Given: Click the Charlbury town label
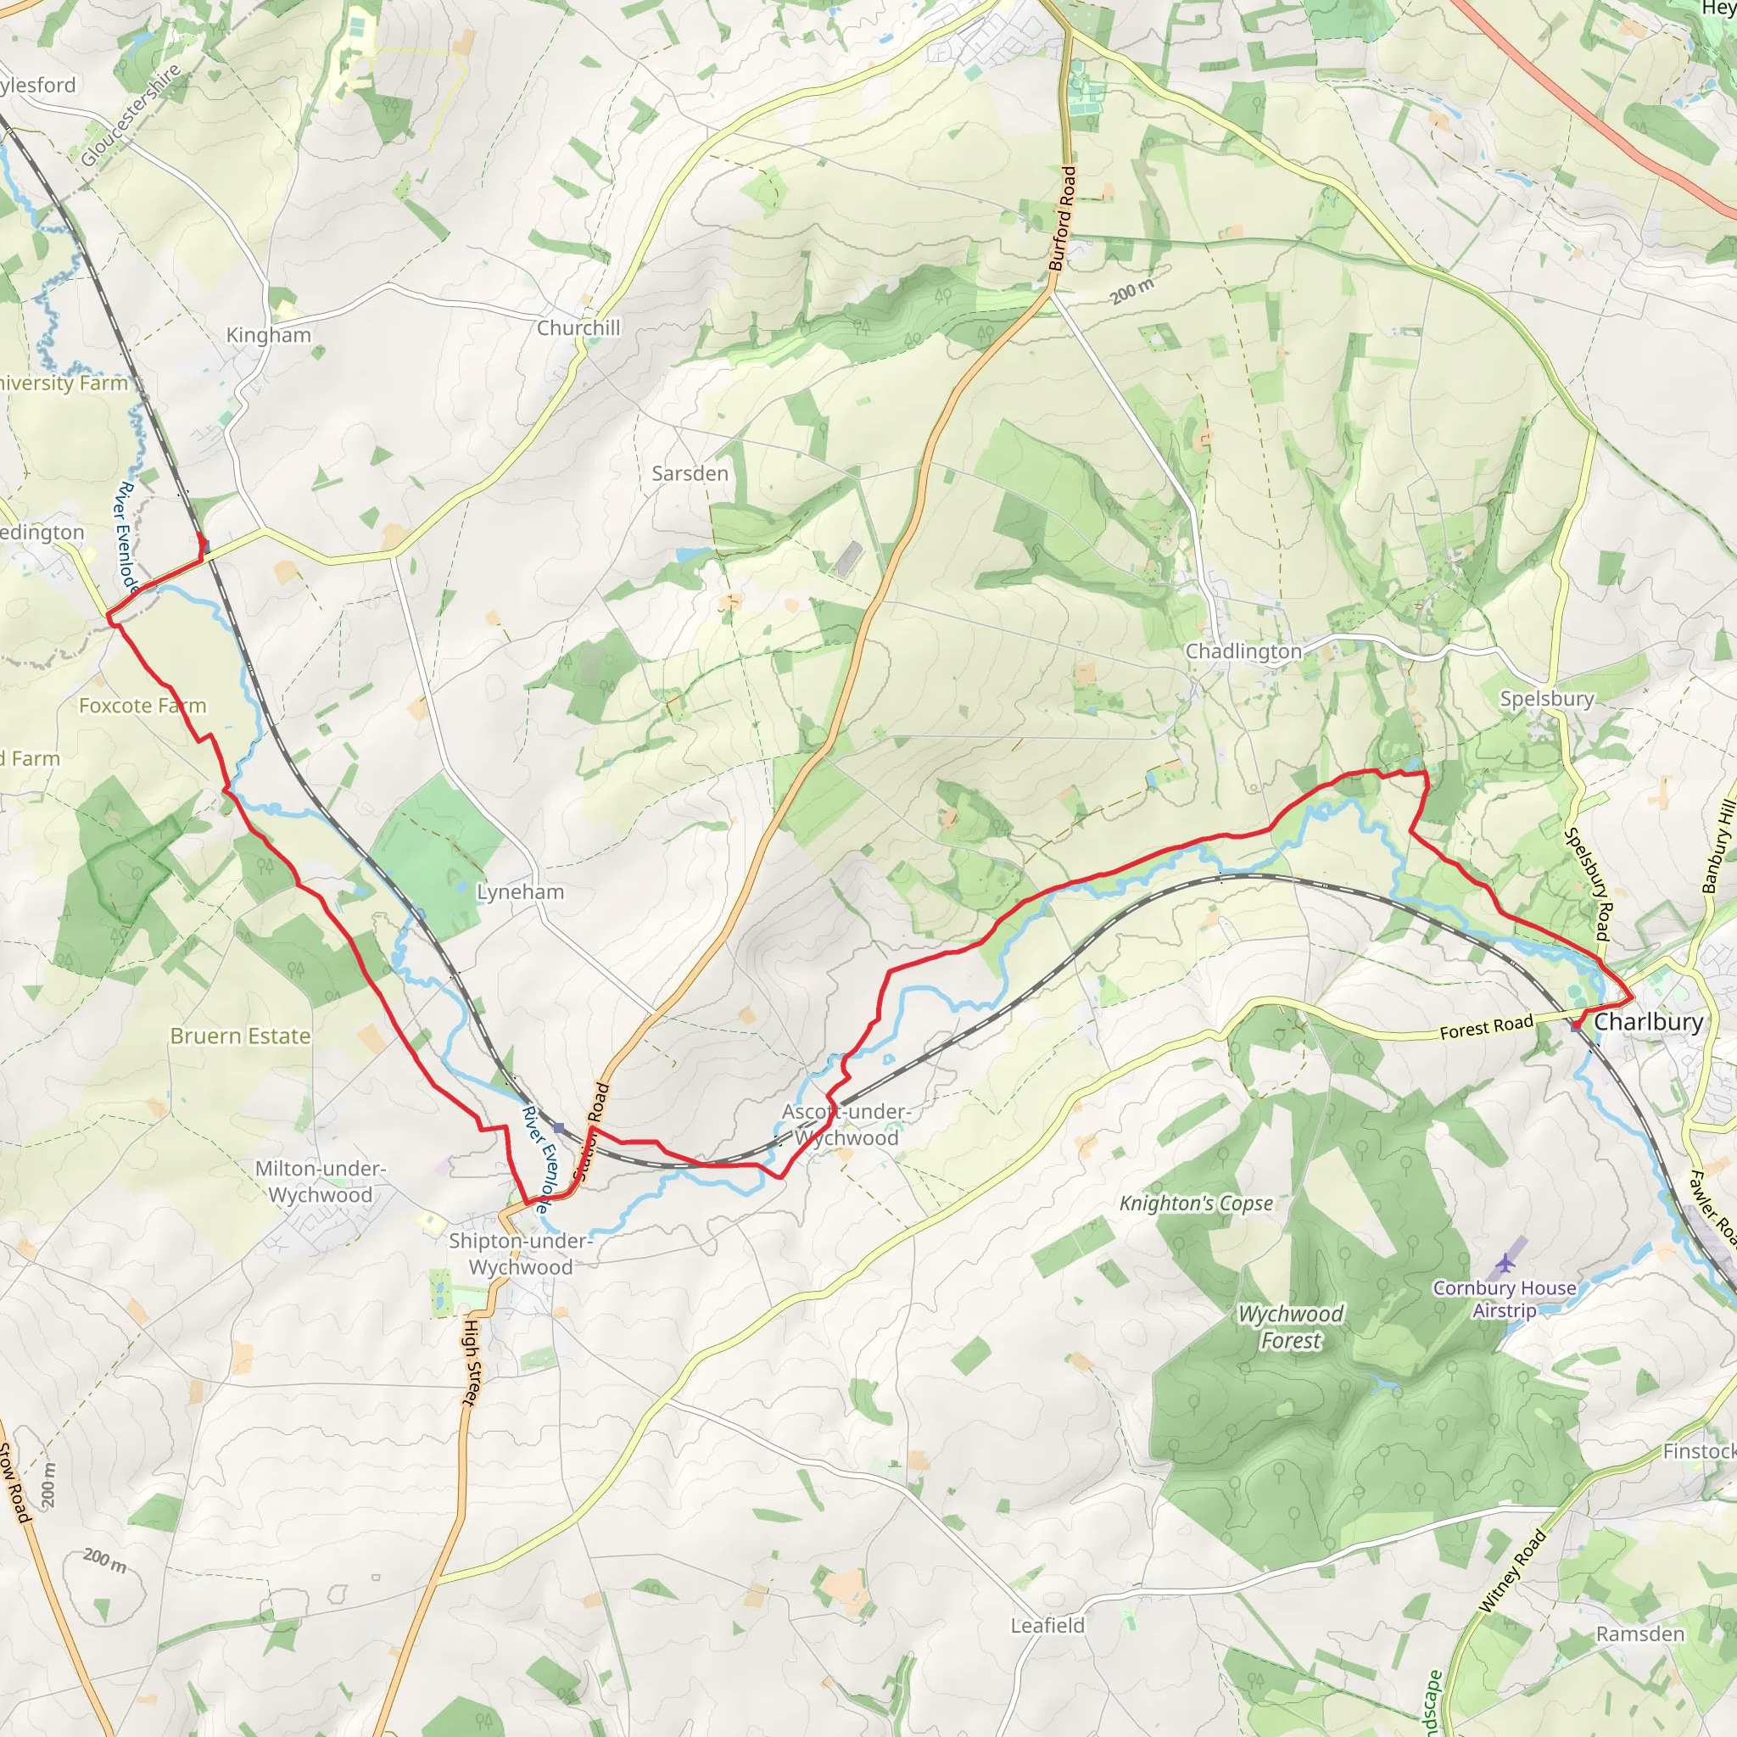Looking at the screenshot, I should pyautogui.click(x=1648, y=1021).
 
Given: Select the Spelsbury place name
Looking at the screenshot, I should pyautogui.click(x=1546, y=699).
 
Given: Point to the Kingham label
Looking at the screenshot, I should pyautogui.click(x=268, y=334).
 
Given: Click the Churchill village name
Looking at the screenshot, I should pyautogui.click(x=578, y=328).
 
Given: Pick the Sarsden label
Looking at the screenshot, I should pyautogui.click(x=690, y=474).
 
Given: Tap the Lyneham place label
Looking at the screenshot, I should pyautogui.click(x=520, y=892).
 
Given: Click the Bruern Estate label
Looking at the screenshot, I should pyautogui.click(x=240, y=1036).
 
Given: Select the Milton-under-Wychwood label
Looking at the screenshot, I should pyautogui.click(x=320, y=1181).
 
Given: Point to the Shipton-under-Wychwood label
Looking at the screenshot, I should pyautogui.click(x=521, y=1254).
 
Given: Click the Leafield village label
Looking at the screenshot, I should pyautogui.click(x=1047, y=1626).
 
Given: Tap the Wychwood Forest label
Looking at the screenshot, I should pyautogui.click(x=1290, y=1327).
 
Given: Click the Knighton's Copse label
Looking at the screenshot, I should pyautogui.click(x=1196, y=1203).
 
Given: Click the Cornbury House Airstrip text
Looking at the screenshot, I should pyautogui.click(x=1504, y=1299).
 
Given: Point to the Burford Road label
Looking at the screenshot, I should pyautogui.click(x=1062, y=219).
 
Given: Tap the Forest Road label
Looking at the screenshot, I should pyautogui.click(x=1486, y=1027).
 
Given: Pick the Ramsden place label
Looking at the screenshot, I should pyautogui.click(x=1640, y=1634).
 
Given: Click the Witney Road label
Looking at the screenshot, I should pyautogui.click(x=1512, y=1570).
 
